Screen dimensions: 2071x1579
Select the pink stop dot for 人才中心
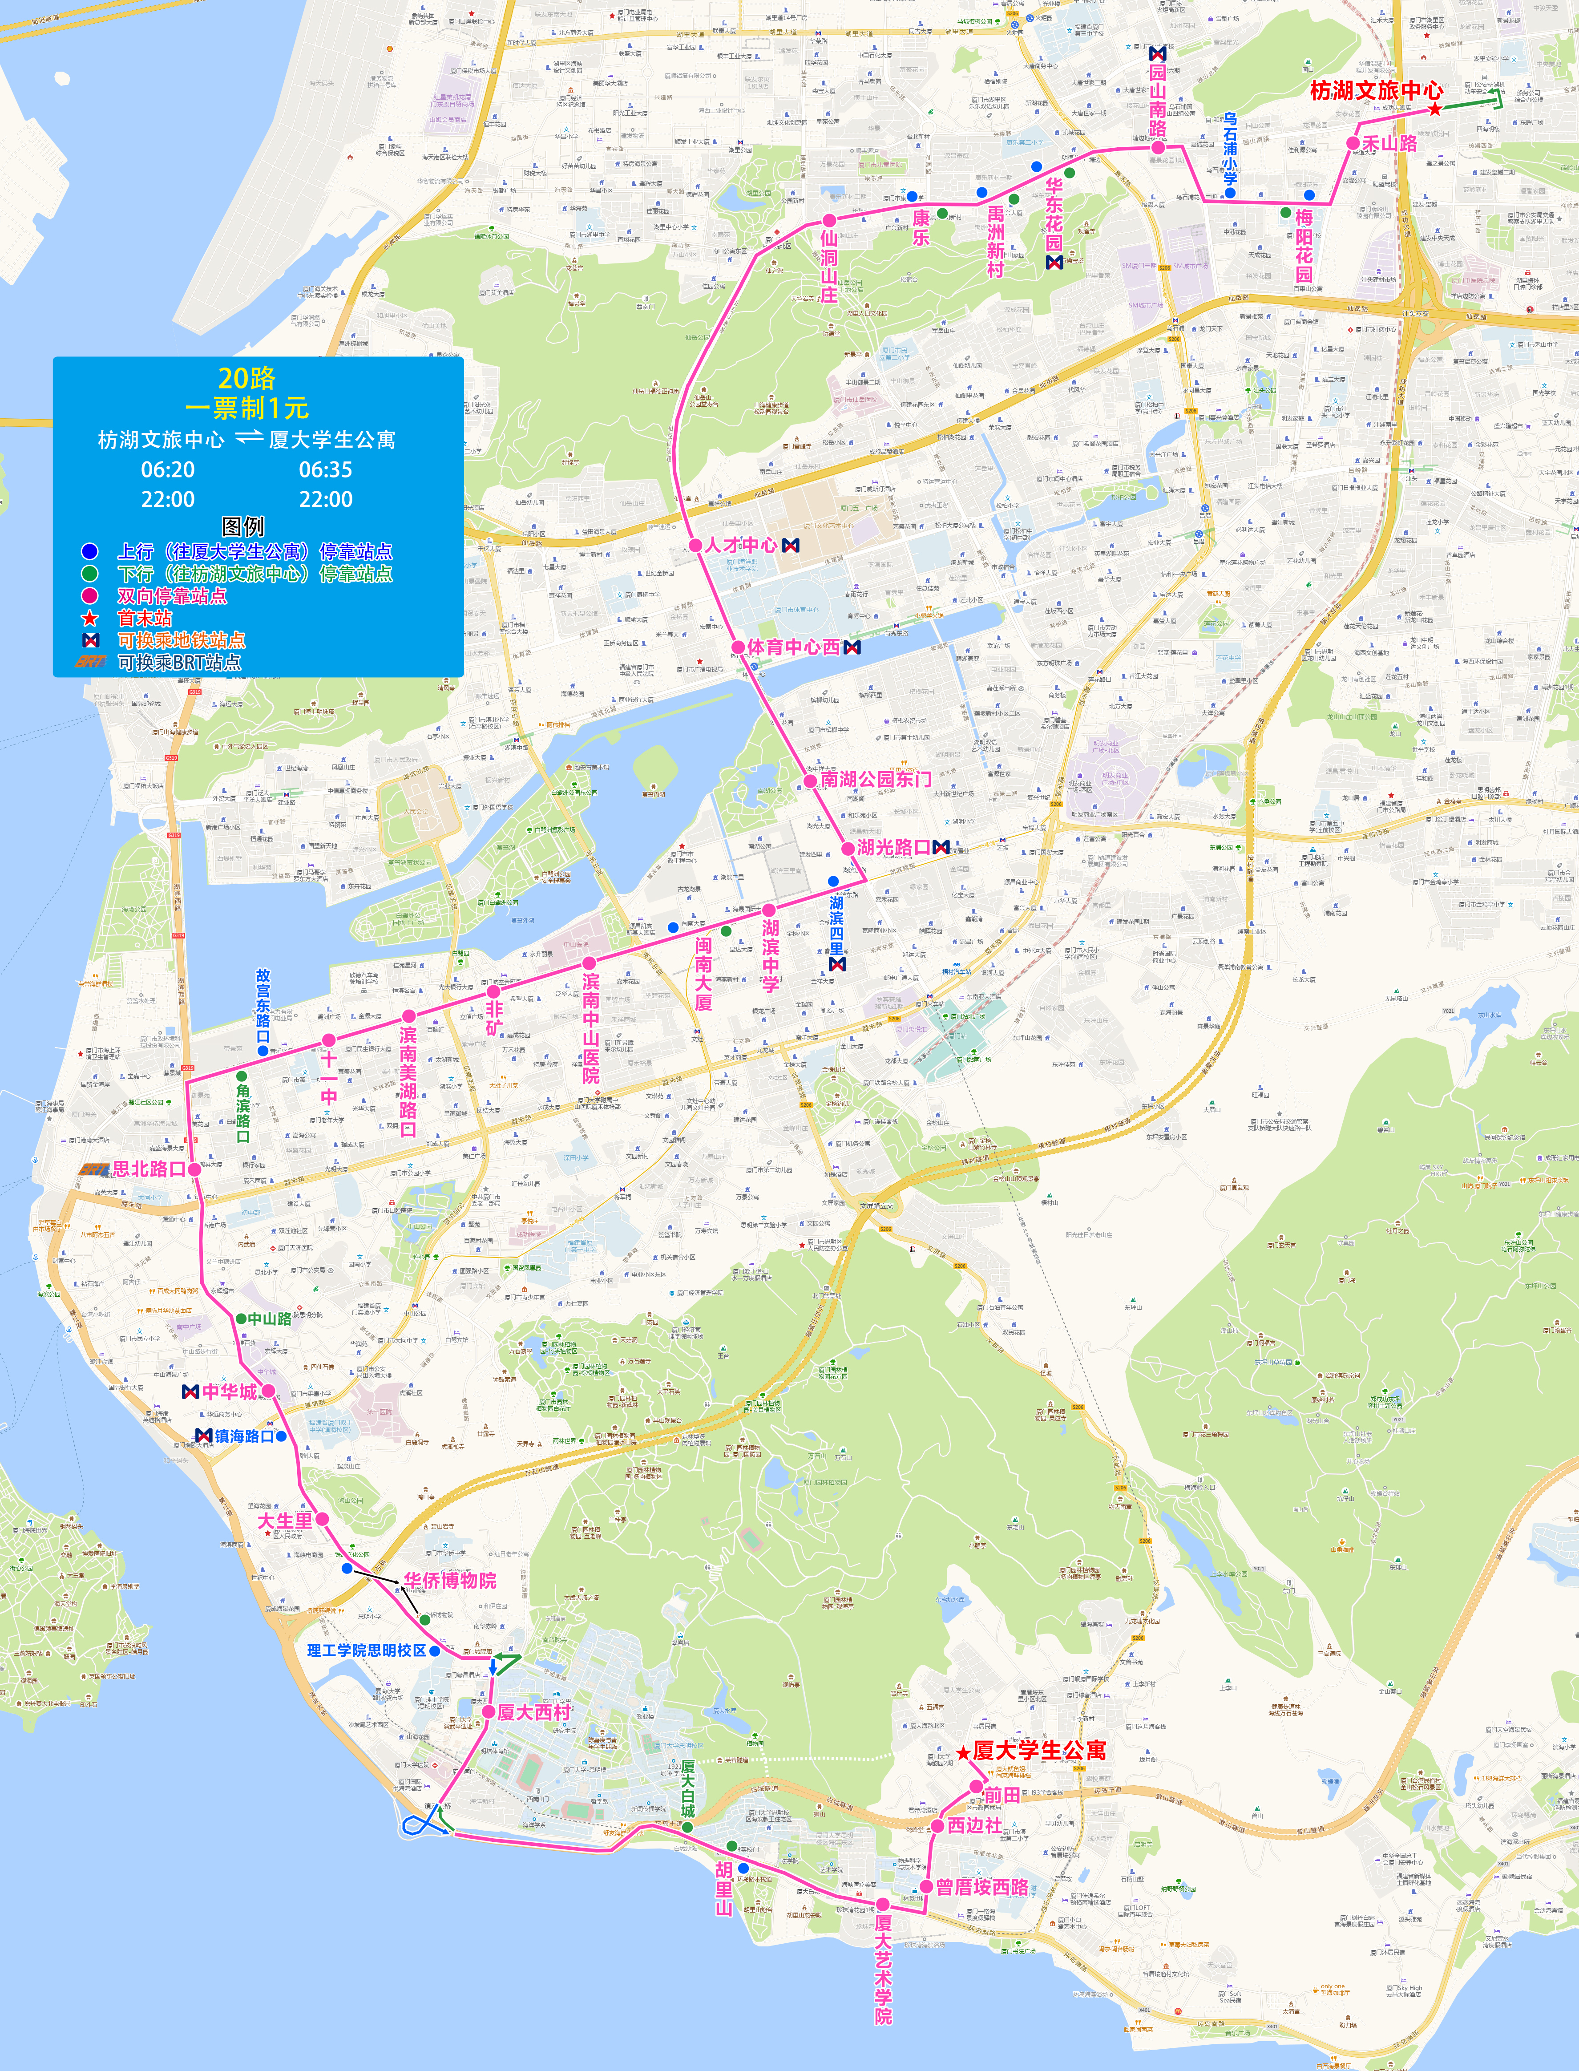695,545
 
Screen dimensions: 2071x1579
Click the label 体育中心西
793,648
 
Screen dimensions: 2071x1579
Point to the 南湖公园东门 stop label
876,779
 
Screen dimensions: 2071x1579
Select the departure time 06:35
325,469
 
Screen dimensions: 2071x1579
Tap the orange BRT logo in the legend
91,662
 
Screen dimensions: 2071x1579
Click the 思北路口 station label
149,1169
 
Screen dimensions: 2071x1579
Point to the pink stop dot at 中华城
268,1391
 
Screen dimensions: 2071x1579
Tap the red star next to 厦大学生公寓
963,1753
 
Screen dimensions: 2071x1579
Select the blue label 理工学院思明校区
367,1650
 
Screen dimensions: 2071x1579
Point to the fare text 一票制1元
246,408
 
